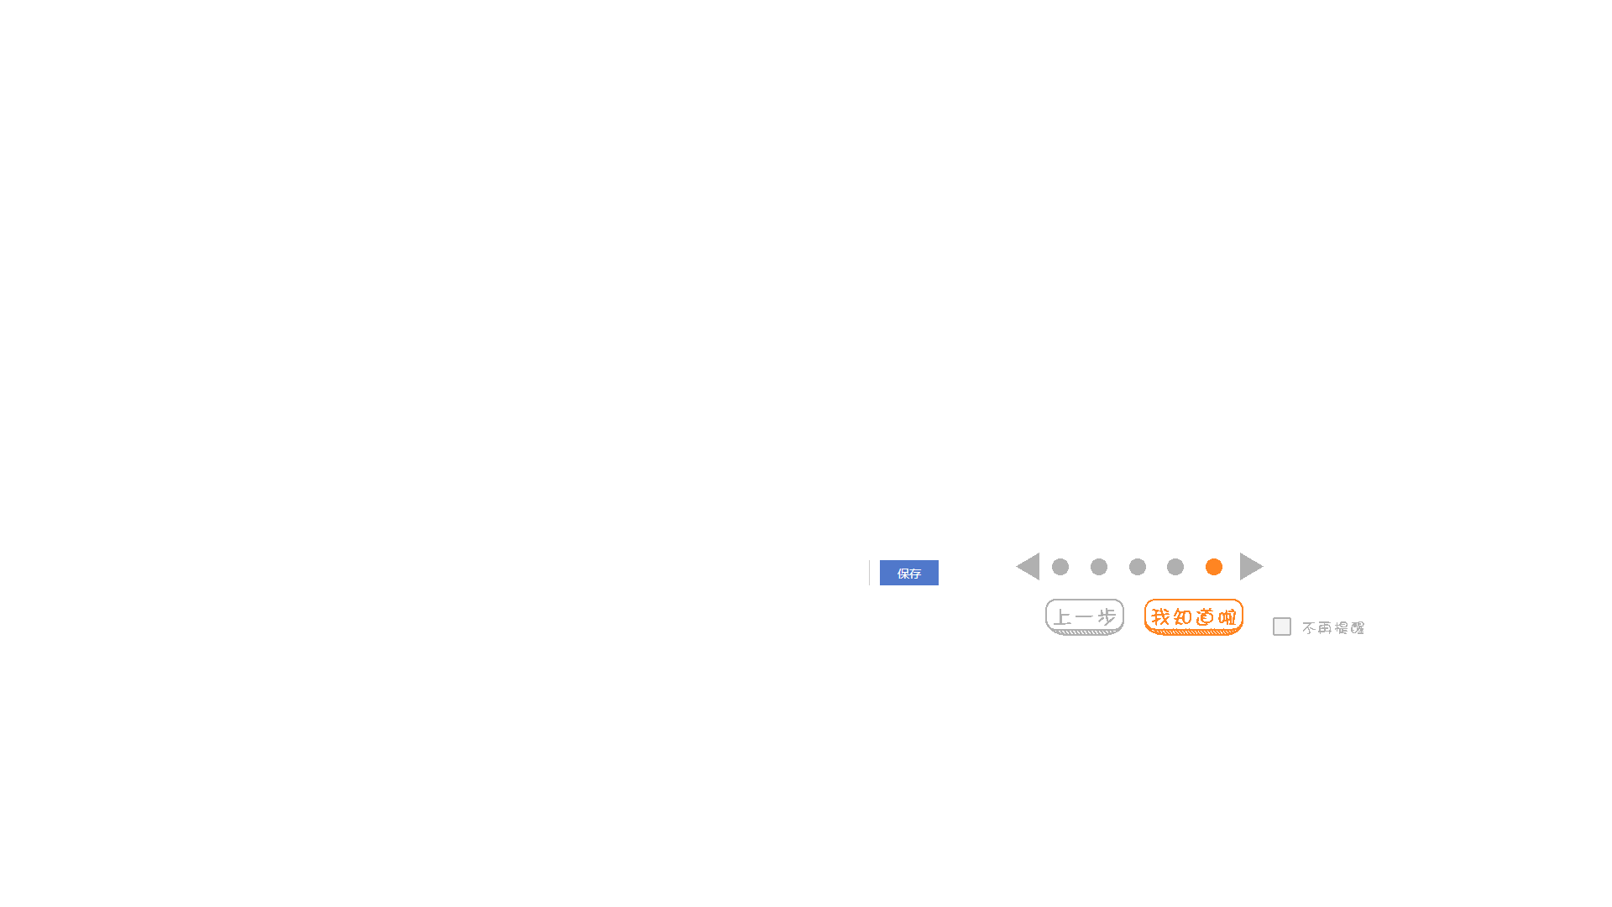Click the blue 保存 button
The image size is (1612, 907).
[908, 574]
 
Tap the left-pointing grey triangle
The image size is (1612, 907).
[1030, 567]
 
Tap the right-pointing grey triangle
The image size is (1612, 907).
[1249, 567]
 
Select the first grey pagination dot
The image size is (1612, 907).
[1060, 568]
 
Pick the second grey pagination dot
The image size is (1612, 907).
[1099, 568]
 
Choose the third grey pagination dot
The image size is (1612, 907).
[1138, 568]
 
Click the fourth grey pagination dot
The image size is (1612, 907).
[1175, 568]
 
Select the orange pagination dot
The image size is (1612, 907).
[1214, 568]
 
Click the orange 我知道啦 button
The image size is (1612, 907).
[1193, 617]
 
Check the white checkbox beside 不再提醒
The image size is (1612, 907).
[1282, 627]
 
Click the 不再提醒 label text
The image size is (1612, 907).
[1333, 628]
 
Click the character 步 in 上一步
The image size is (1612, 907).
[1107, 617]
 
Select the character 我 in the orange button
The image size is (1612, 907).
[1160, 617]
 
